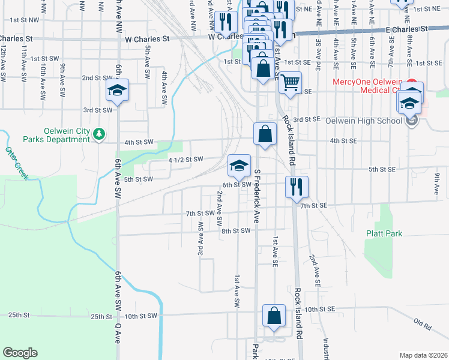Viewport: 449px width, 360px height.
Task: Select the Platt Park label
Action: click(384, 233)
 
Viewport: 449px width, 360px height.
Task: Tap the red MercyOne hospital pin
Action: click(412, 82)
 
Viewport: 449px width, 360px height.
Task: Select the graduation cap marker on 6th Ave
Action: click(118, 92)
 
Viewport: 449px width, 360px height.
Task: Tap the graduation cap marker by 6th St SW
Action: click(239, 166)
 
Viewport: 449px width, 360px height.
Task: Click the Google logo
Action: click(20, 352)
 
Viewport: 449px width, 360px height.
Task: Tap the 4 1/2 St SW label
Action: click(185, 160)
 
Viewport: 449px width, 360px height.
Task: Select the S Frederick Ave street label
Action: click(257, 196)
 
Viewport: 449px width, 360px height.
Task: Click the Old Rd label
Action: click(423, 324)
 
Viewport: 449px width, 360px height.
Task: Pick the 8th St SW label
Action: click(235, 230)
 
